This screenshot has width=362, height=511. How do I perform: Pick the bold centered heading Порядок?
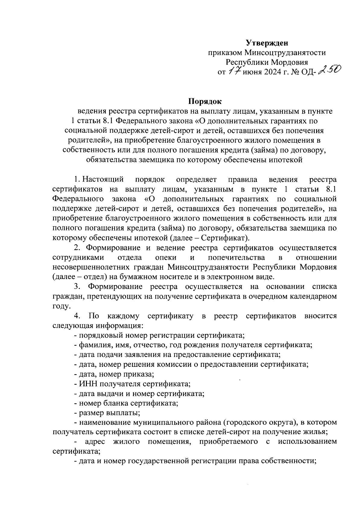coord(205,101)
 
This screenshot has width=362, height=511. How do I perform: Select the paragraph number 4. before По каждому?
coord(77,316)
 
